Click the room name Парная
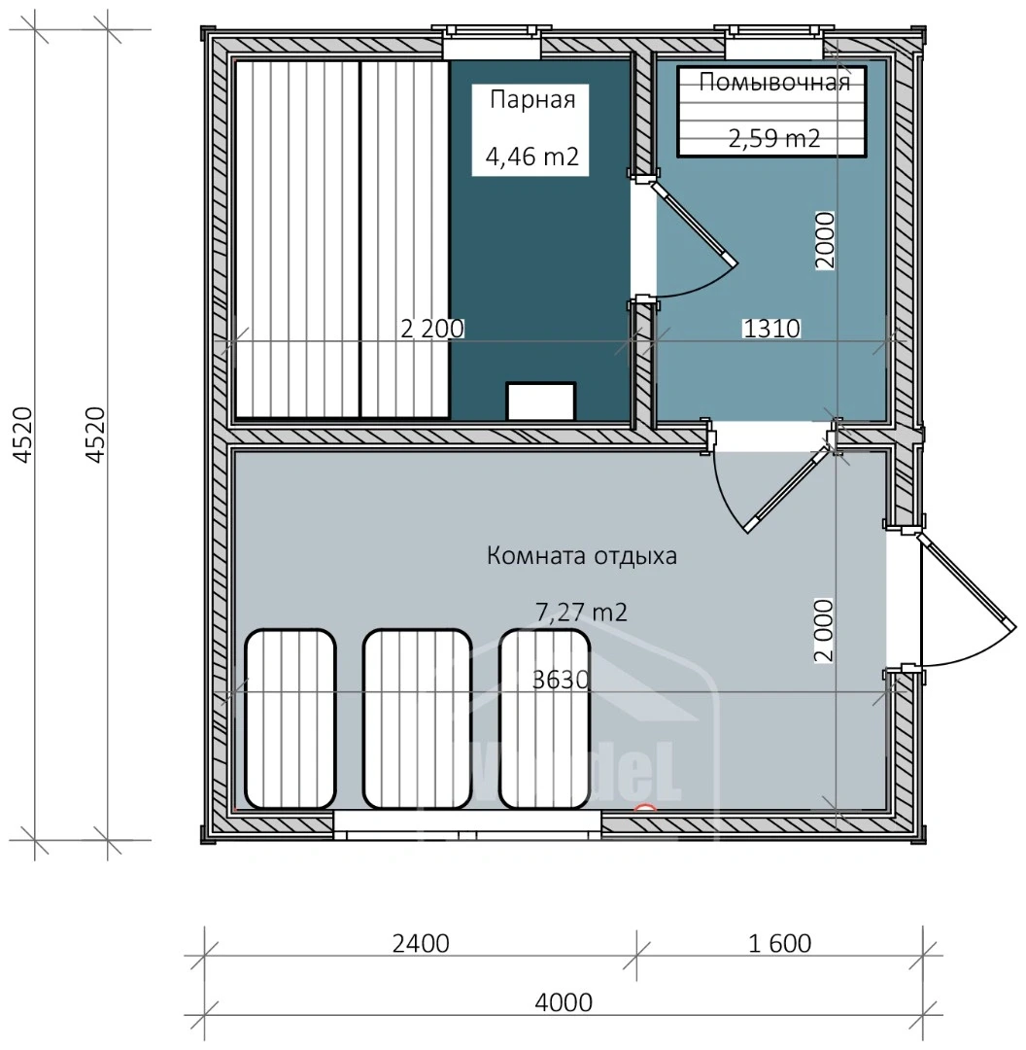[x=532, y=99]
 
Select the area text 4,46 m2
[x=532, y=157]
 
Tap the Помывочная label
[x=774, y=82]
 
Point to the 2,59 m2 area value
[x=774, y=138]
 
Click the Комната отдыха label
[x=581, y=557]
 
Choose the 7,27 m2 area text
[x=581, y=612]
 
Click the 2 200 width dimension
[x=432, y=329]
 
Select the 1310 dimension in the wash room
[x=770, y=329]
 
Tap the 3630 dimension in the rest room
[x=562, y=680]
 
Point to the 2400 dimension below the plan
[x=422, y=943]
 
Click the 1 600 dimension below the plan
[x=780, y=943]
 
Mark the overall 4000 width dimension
[x=564, y=1002]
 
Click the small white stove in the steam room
[x=541, y=401]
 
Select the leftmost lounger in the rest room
[x=291, y=718]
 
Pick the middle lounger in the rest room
[x=418, y=718]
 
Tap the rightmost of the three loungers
[x=545, y=718]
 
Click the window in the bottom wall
[x=466, y=825]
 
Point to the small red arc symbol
[x=645, y=807]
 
